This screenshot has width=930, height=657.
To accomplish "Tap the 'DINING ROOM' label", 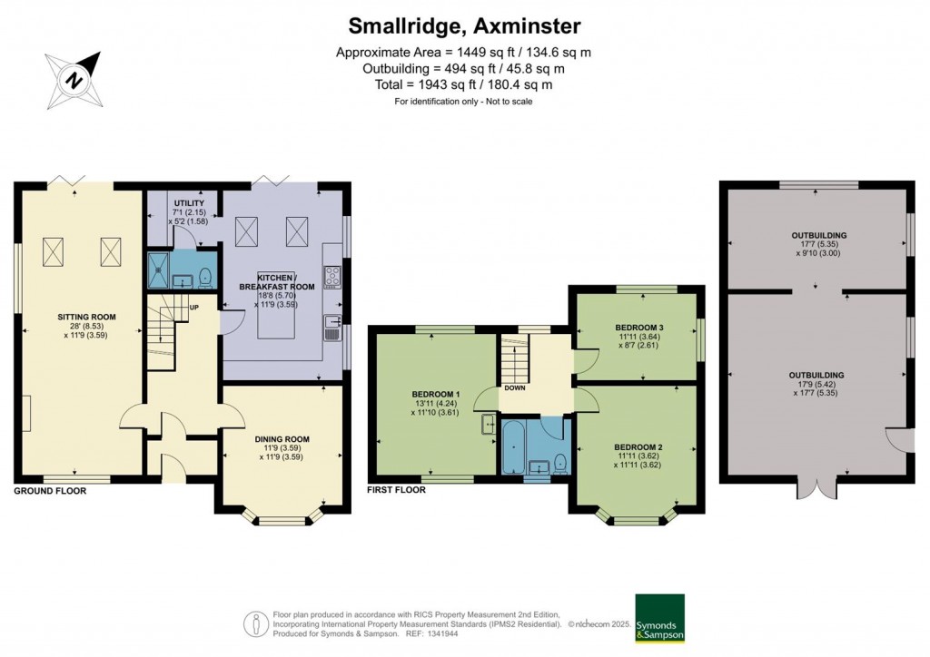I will pos(280,439).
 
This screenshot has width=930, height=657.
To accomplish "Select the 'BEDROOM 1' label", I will pos(435,394).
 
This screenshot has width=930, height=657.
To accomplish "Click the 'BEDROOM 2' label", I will pos(638,446).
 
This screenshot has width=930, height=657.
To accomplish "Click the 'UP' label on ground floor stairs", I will pos(193,307).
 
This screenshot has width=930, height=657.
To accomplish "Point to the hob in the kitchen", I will pos(331,276).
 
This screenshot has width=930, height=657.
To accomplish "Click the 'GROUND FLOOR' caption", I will pos(50,491).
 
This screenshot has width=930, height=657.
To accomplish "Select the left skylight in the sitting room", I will pos(54,248).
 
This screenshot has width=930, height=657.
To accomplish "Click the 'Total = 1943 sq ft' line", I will pos(464,84).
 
